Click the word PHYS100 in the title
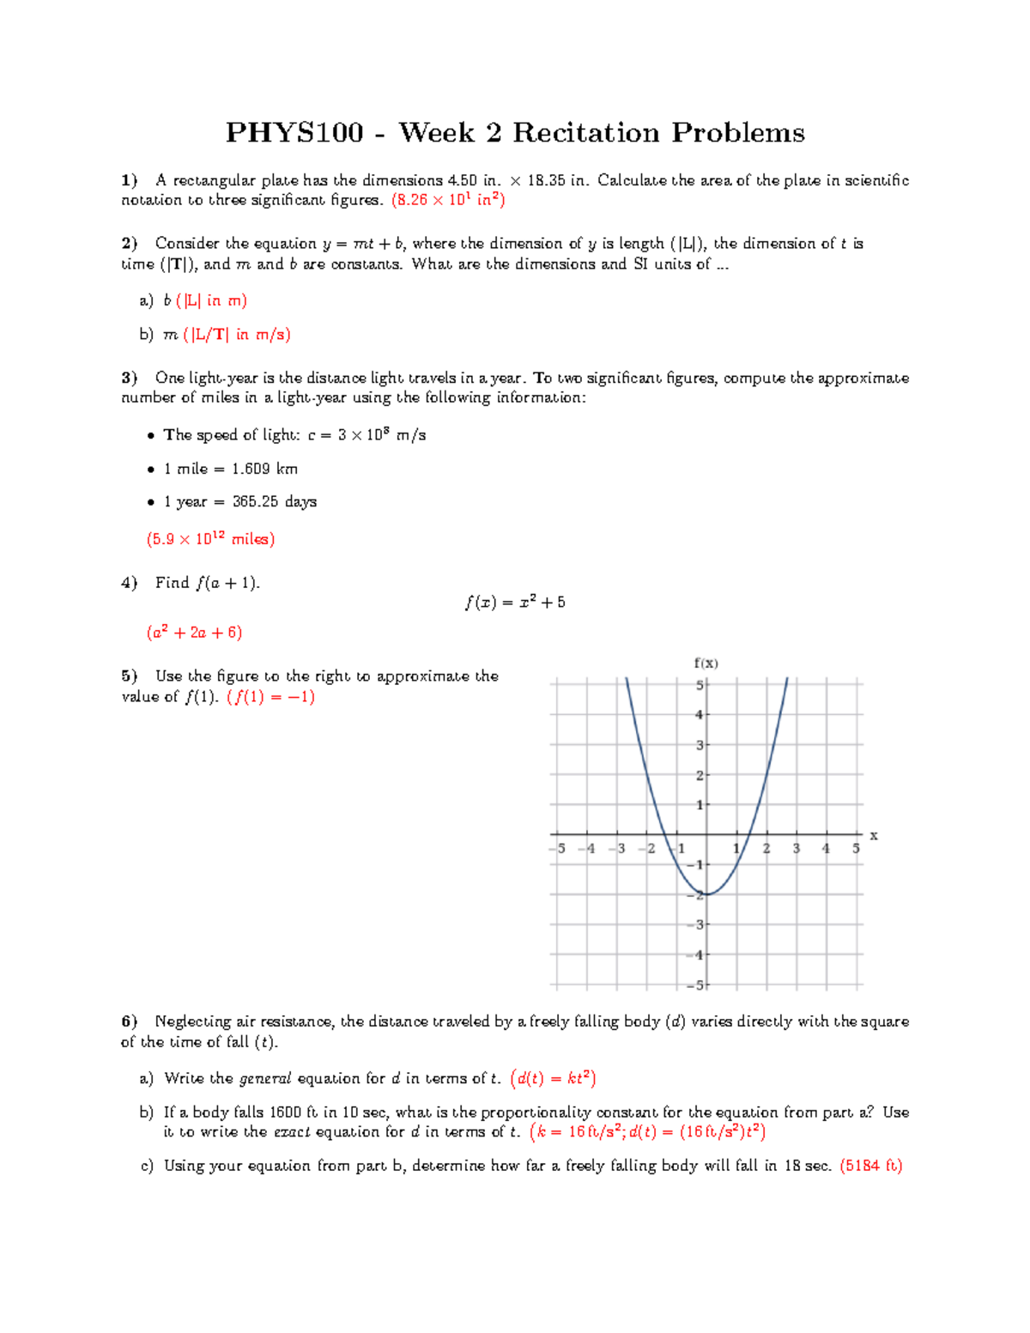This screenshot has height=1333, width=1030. [294, 133]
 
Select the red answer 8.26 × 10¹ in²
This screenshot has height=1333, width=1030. [448, 200]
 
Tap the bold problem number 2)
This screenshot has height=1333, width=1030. [129, 244]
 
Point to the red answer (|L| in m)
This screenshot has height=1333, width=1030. [211, 300]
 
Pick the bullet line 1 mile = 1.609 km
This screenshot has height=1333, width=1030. [230, 469]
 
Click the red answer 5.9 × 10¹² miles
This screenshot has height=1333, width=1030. [210, 539]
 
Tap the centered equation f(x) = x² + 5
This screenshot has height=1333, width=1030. [515, 603]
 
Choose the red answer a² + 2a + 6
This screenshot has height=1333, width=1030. [195, 633]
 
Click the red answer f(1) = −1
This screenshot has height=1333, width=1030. [270, 697]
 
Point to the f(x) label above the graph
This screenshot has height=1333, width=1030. [706, 663]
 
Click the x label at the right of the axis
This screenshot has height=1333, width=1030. [874, 835]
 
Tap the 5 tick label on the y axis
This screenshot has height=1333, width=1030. [700, 685]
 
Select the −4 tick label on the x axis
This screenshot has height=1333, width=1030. [587, 849]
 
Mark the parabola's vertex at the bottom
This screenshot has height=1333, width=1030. [706, 894]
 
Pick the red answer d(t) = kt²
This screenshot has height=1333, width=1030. [553, 1079]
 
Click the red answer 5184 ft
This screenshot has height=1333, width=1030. [870, 1166]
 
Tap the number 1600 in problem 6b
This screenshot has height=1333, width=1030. [286, 1112]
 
